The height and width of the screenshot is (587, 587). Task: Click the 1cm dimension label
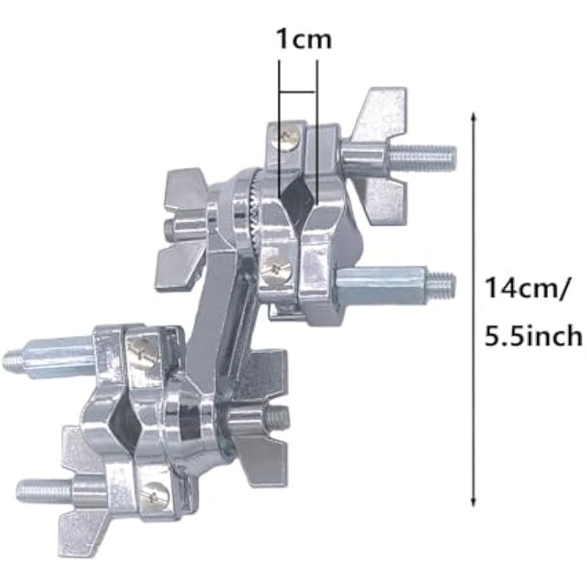304,40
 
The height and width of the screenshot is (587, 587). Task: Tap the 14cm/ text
527,289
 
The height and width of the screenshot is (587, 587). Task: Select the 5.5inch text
533,336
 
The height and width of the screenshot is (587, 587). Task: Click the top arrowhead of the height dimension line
473,116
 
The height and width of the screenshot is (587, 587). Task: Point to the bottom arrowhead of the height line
473,503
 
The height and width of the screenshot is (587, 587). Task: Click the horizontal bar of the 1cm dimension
299,92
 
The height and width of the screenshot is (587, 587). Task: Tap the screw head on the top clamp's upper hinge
288,139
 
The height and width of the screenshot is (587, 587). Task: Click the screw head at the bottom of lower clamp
156,497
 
